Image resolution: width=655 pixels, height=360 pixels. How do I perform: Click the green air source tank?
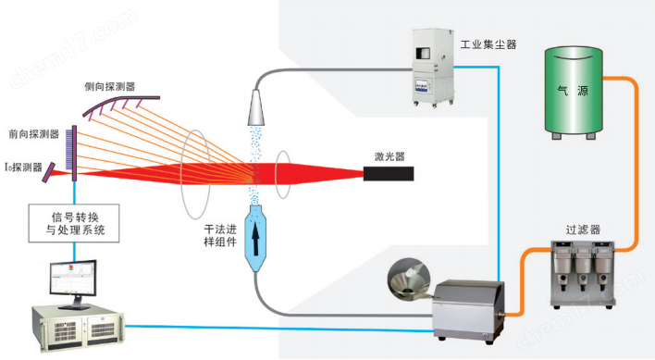(x=575, y=93)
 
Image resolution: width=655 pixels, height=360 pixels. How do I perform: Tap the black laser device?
(x=389, y=175)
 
